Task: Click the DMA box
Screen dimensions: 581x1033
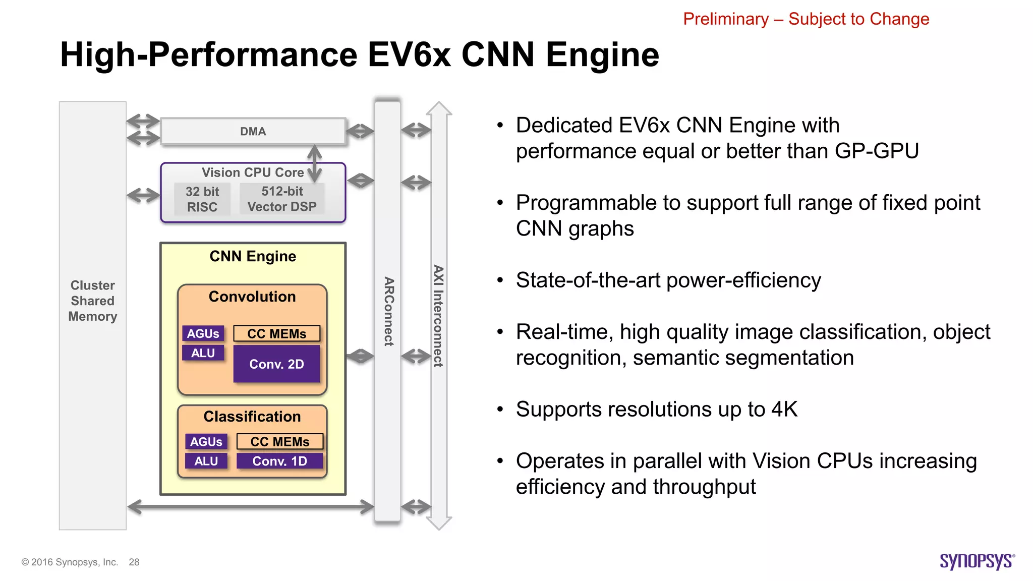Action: click(253, 132)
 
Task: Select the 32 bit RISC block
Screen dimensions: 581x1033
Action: click(202, 199)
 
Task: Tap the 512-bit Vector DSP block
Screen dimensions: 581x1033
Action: click(282, 199)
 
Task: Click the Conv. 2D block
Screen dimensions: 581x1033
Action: click(276, 364)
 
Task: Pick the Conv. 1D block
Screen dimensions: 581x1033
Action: click(279, 461)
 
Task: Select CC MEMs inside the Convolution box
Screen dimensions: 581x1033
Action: click(276, 334)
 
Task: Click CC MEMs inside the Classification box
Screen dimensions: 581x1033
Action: click(279, 442)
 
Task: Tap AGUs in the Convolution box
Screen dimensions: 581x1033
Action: click(203, 333)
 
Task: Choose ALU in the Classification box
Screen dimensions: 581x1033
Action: click(206, 461)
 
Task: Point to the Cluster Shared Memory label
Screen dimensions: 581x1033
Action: click(93, 301)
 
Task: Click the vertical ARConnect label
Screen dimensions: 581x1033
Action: click(388, 311)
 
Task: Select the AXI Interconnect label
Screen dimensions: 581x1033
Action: click(438, 316)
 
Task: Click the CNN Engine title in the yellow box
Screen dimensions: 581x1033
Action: click(253, 256)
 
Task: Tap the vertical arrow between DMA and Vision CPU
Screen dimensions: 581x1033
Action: click(315, 163)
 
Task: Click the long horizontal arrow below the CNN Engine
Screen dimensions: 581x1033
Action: click(251, 506)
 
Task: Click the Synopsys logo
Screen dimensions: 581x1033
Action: click(977, 561)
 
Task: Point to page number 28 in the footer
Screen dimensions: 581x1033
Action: click(134, 562)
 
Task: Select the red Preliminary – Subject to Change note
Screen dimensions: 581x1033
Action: click(806, 19)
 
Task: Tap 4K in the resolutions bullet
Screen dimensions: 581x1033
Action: click(784, 409)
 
